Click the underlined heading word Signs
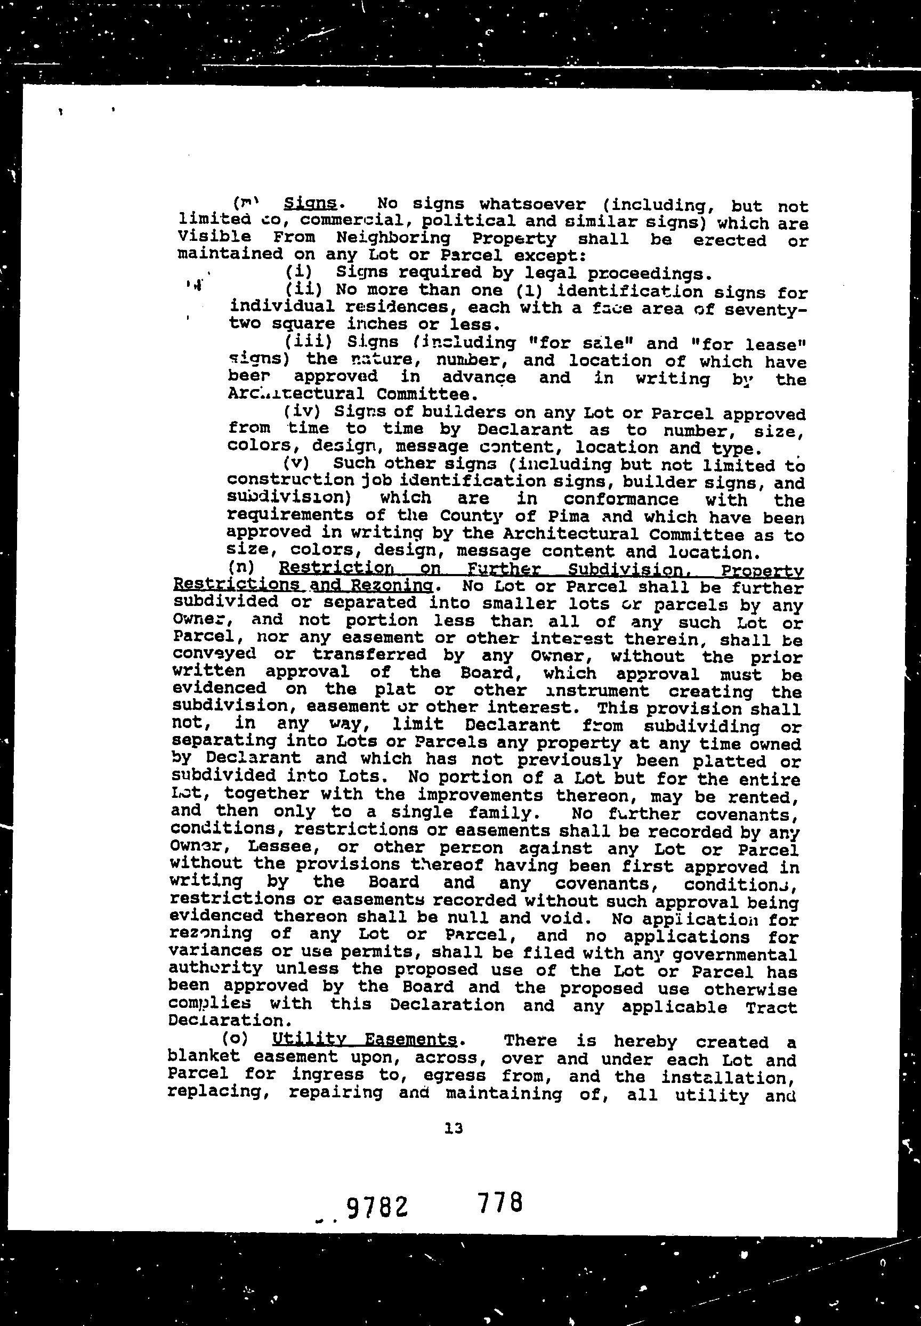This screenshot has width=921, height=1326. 310,203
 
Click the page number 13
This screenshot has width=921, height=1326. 454,1128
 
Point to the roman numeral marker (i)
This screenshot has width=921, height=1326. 298,271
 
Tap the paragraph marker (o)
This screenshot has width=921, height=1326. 235,1039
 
